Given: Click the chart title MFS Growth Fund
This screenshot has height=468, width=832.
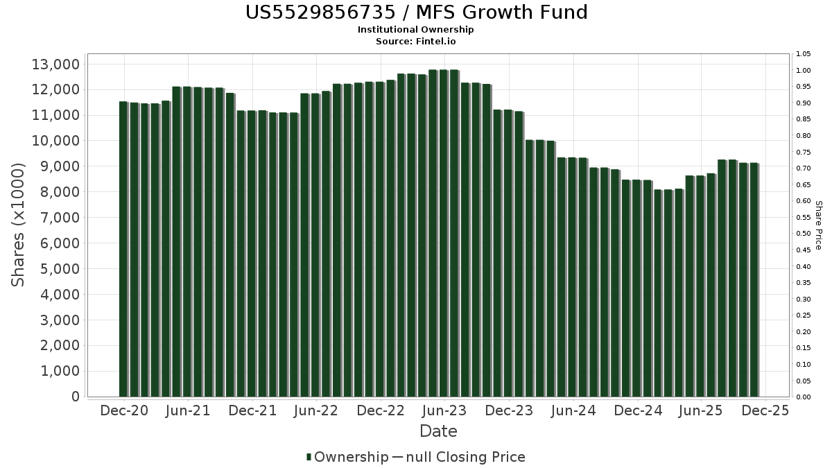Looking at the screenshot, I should (416, 12).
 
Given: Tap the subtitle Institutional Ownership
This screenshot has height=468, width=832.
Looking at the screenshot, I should (416, 30).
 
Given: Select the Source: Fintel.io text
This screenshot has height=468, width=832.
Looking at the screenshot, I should (416, 41).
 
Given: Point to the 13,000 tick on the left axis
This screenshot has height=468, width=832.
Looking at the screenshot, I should (56, 64).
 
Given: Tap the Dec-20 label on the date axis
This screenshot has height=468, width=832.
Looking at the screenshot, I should (124, 411).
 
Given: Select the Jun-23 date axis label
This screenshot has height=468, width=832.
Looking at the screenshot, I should (444, 411).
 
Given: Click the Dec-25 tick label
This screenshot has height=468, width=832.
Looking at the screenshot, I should (765, 411).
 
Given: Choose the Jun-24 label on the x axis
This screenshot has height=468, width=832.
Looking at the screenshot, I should (573, 411).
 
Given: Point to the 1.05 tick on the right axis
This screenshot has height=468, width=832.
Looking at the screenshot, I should (804, 54).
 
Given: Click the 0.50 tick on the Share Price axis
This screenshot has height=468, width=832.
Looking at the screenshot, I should (804, 234).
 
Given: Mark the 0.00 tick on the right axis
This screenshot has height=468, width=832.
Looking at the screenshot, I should (804, 397).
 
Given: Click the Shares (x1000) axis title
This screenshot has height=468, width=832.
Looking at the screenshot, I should (19, 225).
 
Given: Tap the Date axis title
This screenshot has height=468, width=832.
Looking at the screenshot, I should (438, 431).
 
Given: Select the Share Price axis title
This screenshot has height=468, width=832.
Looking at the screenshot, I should (818, 225).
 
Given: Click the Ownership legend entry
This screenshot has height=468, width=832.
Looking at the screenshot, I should (347, 457).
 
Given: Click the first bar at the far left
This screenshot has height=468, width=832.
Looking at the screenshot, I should (123, 250).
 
